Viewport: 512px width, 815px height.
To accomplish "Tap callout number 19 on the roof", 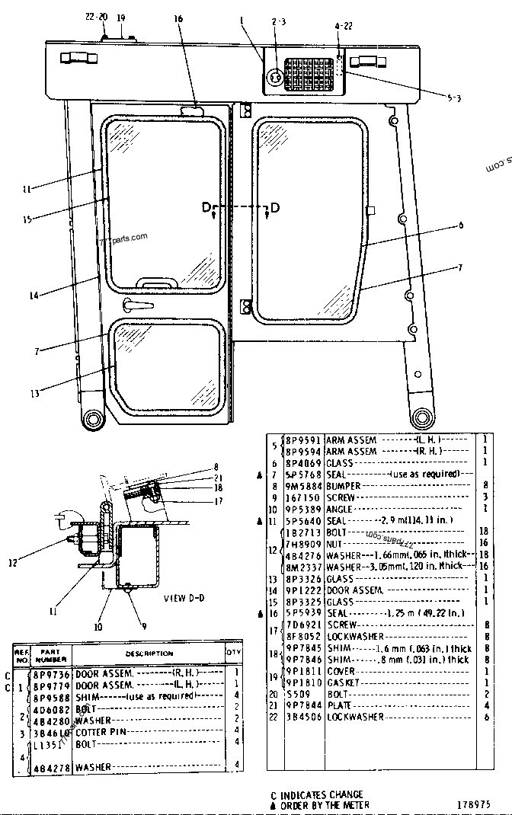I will coord(121,17).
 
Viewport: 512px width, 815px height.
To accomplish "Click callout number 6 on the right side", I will coord(460,225).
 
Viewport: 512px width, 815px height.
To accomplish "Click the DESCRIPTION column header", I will coord(149,654).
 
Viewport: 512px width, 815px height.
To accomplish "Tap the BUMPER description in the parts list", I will coord(344,485).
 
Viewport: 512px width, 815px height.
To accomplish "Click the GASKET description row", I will coord(342,682).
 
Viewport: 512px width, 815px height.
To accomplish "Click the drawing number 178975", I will coord(473,803).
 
